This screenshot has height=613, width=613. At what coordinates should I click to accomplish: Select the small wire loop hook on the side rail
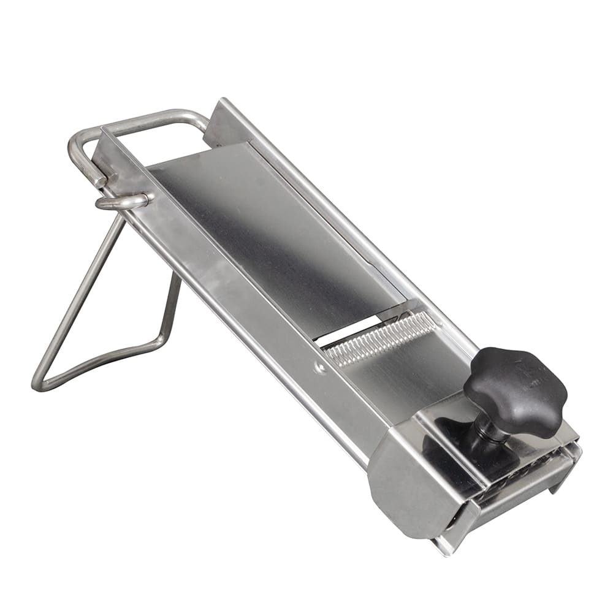[x=123, y=202]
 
